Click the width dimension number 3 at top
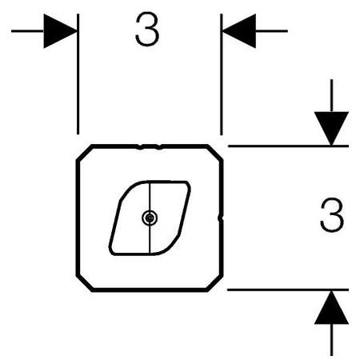click(147, 29)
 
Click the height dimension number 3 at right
click(332, 215)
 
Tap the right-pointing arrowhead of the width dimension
click(60, 31)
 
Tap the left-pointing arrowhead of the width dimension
click(239, 31)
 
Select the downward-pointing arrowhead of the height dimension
click(331, 129)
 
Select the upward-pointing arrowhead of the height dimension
click(331, 307)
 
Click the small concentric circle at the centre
click(150, 218)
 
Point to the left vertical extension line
click(78, 74)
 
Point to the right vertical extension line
click(222, 74)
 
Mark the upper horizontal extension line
click(288, 146)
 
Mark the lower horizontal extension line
click(288, 290)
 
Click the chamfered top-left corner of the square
click(85, 153)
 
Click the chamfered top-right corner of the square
click(215, 153)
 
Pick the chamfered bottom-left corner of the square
click(85, 283)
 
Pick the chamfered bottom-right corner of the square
click(214, 283)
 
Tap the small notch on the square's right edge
click(220, 218)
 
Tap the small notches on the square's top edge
click(150, 146)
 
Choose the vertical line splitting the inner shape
click(150, 218)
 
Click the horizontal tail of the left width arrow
click(27, 31)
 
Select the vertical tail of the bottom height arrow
click(331, 340)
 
